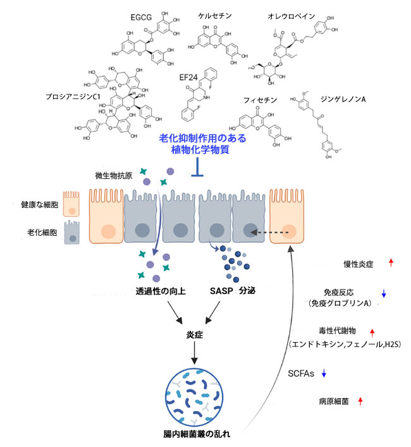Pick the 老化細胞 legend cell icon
[x=71, y=233]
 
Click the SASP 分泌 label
[x=233, y=292]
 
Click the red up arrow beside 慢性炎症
[x=391, y=262]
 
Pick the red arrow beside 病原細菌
[x=360, y=400]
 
